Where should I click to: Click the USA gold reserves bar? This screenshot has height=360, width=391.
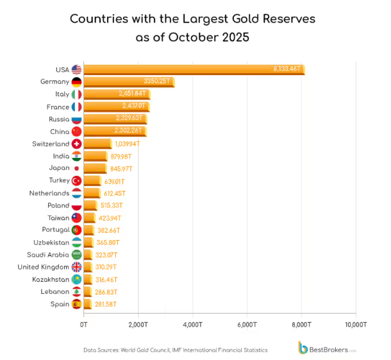tap(192, 69)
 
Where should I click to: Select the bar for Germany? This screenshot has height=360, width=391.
tap(128, 82)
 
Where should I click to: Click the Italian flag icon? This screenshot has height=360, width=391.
tap(77, 94)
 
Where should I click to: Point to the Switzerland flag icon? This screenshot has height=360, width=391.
tap(77, 144)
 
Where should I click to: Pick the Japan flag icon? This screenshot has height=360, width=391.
tap(77, 169)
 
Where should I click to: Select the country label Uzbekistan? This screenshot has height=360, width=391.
tap(52, 243)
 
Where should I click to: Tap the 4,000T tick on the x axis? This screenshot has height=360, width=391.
tap(192, 325)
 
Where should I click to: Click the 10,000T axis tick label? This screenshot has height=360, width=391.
tap(354, 325)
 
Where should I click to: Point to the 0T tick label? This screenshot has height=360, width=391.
tap(83, 325)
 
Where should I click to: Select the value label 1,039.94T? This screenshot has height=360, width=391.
tap(129, 144)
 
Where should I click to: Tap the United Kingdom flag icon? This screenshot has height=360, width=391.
tap(77, 267)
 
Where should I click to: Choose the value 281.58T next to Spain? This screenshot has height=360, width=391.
tap(106, 304)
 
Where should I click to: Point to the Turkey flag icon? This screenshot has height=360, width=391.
tap(77, 181)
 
